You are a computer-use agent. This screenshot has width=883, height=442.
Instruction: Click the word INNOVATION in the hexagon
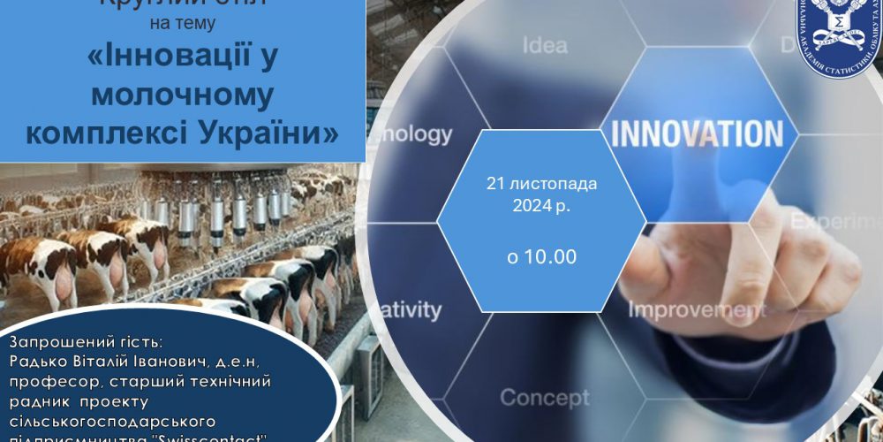(697, 133)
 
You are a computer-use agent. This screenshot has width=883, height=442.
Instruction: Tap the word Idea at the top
(545, 45)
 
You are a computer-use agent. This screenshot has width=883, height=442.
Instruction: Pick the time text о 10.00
(541, 256)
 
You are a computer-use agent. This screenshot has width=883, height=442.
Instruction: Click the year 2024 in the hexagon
(527, 208)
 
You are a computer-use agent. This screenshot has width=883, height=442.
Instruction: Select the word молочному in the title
(183, 95)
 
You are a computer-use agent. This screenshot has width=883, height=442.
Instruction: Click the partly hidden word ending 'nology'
(415, 134)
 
